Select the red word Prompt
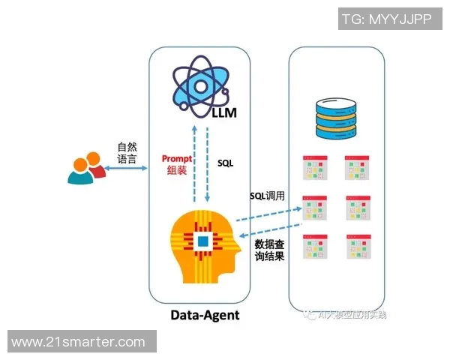click(178, 158)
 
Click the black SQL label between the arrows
click(226, 162)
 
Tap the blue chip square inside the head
click(202, 241)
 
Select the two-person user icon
click(85, 169)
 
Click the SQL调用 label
click(268, 196)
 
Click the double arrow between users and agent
click(126, 171)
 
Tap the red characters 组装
click(177, 170)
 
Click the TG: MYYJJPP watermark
click(386, 19)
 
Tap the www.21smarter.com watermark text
click(79, 342)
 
